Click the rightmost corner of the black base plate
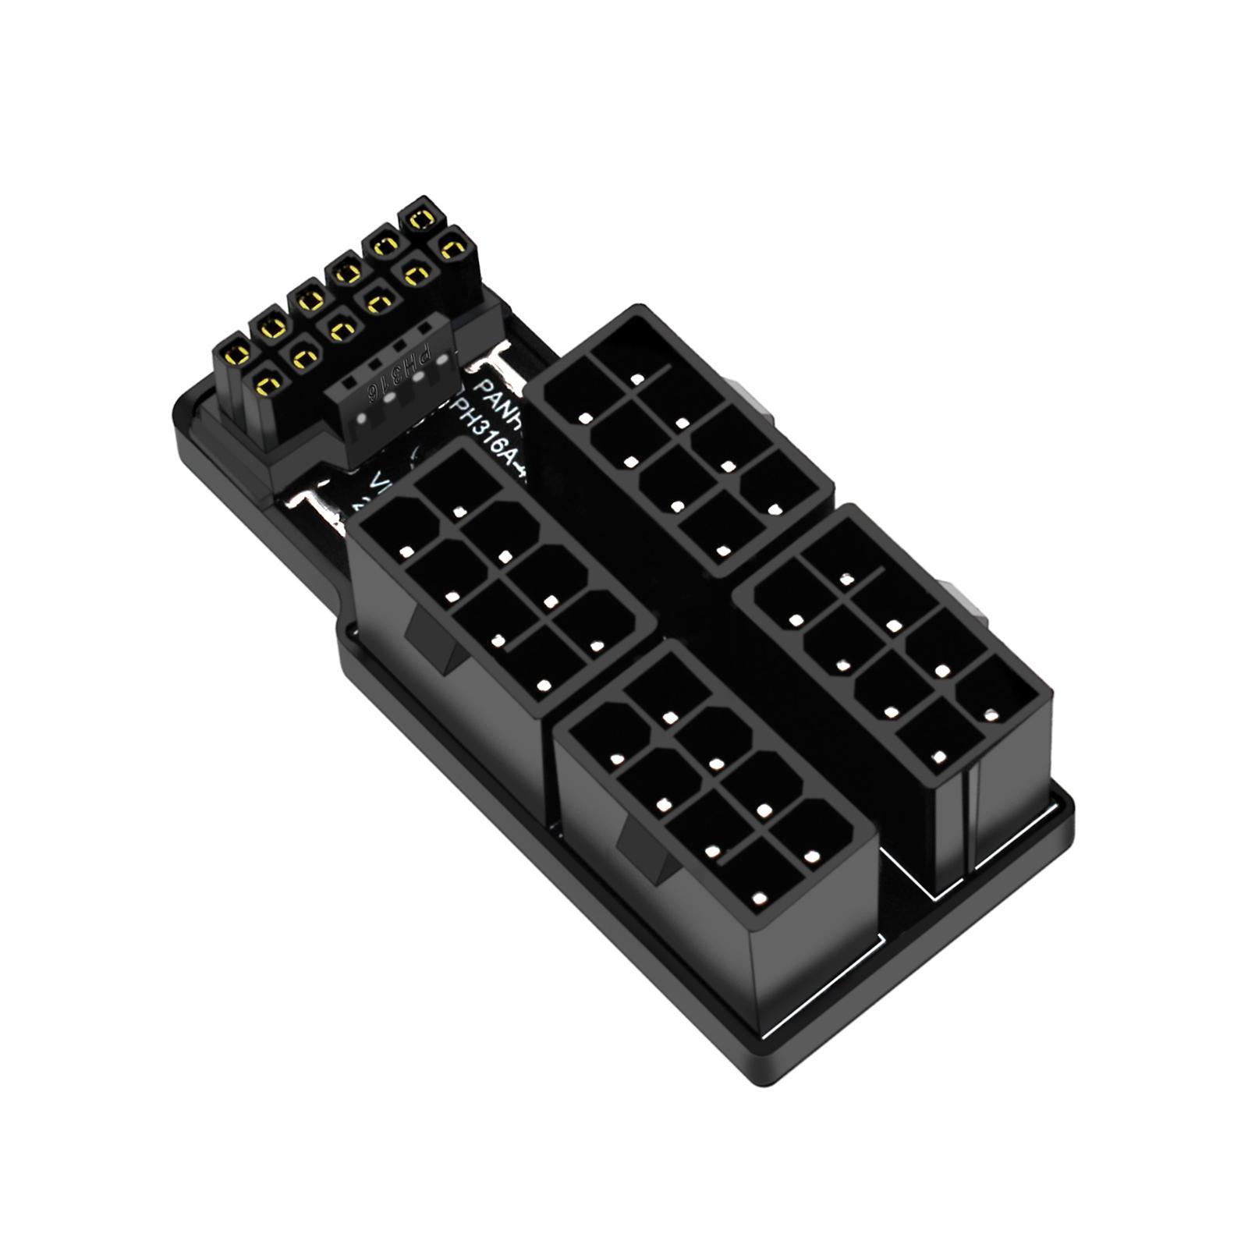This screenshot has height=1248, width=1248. (x=1072, y=807)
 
